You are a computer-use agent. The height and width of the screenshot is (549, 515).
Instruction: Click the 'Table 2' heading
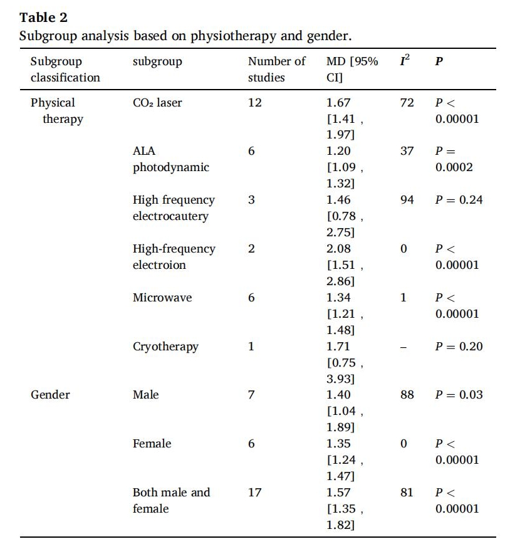[43, 17]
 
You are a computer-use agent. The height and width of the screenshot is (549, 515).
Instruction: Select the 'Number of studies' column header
[276, 70]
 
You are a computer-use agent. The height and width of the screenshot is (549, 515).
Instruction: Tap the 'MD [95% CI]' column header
[352, 70]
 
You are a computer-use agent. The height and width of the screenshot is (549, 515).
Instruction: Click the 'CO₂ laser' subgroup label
[157, 103]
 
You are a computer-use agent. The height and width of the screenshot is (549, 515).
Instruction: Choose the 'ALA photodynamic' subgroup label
[171, 159]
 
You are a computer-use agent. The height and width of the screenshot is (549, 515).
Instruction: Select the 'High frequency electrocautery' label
[174, 208]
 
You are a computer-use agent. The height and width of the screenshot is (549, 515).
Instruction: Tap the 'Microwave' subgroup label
[162, 298]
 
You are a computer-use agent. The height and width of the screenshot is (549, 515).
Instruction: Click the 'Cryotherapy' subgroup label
[165, 347]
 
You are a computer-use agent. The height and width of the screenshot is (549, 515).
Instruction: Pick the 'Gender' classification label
[50, 395]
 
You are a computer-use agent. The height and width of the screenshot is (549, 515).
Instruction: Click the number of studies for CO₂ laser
[254, 103]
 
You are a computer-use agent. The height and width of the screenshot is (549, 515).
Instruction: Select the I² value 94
[407, 201]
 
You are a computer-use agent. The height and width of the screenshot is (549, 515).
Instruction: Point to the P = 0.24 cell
[459, 201]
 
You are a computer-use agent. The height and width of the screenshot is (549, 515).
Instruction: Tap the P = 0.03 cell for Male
[459, 395]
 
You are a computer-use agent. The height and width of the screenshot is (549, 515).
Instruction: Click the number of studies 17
[254, 493]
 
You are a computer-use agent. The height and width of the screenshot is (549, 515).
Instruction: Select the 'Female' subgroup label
[151, 444]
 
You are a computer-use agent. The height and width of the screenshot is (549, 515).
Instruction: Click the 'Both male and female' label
[171, 501]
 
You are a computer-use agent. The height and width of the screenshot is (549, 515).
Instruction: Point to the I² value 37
[407, 152]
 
